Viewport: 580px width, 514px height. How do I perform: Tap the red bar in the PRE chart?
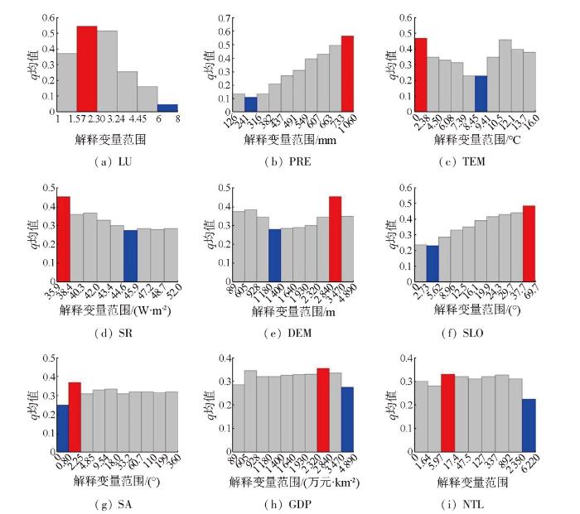(347, 74)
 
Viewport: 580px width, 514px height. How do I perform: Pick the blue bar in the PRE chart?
(228, 104)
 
